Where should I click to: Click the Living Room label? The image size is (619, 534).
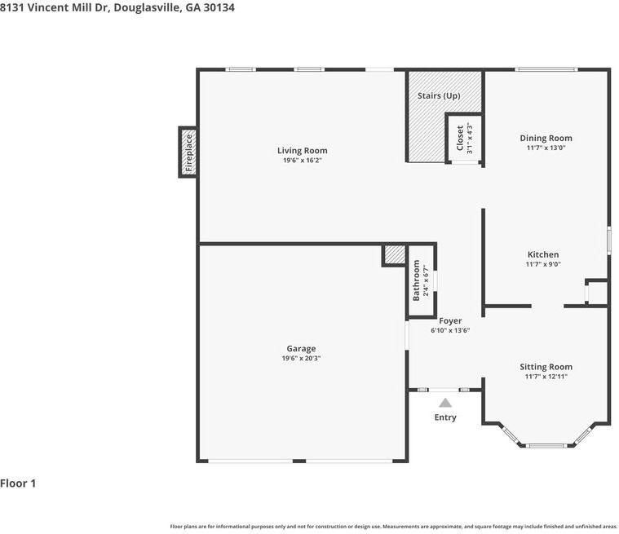(x=302, y=150)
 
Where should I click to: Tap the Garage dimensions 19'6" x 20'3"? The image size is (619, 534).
(x=301, y=359)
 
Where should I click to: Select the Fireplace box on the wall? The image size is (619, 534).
(x=188, y=152)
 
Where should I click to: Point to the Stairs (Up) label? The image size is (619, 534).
(x=439, y=96)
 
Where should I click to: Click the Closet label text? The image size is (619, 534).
(x=460, y=138)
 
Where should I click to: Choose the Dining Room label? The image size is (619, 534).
(x=546, y=138)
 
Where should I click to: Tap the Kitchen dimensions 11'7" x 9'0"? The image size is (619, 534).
(x=543, y=264)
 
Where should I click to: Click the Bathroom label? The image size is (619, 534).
(x=416, y=280)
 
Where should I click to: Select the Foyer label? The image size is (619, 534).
(x=450, y=321)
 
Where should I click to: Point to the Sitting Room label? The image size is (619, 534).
(x=546, y=367)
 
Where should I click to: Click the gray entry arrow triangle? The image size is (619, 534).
(x=445, y=403)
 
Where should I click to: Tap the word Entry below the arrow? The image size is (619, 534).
(x=445, y=417)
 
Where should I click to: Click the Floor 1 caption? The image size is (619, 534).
(x=18, y=483)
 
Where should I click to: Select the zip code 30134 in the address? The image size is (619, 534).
(x=219, y=7)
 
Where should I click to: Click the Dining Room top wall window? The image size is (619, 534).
(x=546, y=70)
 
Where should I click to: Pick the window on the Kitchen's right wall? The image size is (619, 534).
(x=609, y=240)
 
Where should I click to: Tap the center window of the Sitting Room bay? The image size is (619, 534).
(x=546, y=446)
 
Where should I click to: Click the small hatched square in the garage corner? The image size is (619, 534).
(x=395, y=255)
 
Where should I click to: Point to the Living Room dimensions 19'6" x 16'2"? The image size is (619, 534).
(x=303, y=161)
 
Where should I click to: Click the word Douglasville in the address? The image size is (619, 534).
(x=148, y=7)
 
